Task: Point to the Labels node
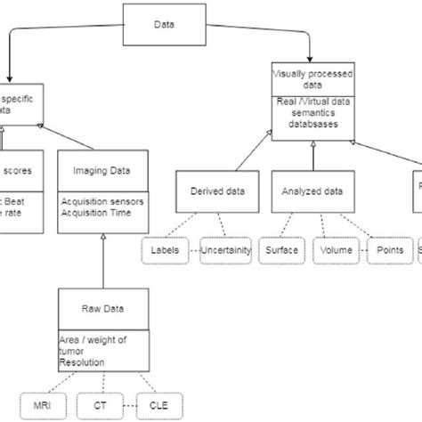(x=165, y=251)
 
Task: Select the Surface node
(x=282, y=251)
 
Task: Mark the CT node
(x=98, y=408)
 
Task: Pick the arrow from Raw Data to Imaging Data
(x=104, y=258)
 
